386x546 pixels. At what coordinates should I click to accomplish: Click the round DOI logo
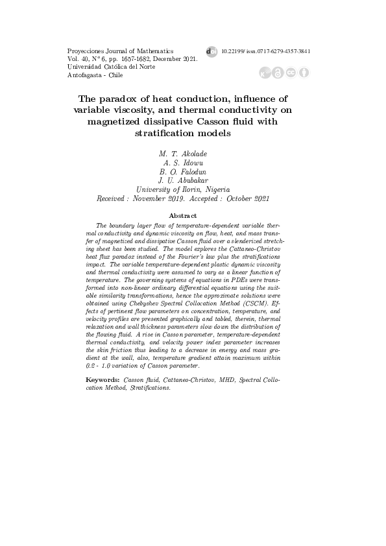211,51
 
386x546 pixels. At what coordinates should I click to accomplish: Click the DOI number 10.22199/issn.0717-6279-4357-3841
266,51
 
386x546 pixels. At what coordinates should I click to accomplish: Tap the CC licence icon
291,73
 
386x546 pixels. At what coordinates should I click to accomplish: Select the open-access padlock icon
278,73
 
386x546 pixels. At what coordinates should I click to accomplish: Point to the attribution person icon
303,73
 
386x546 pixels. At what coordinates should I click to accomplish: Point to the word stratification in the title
165,133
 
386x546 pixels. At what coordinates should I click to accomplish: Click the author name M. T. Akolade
183,154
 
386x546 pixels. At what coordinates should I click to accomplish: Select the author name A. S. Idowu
183,163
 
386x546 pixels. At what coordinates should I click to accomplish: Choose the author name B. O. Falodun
183,172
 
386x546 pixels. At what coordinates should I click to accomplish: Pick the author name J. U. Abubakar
183,181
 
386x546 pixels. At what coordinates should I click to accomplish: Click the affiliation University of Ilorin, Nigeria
183,190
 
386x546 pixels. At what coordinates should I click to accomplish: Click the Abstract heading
182,215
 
